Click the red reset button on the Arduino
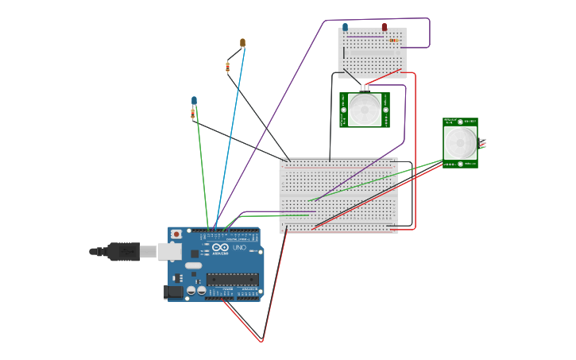[176, 234]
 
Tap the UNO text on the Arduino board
[242, 249]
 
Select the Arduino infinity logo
[219, 249]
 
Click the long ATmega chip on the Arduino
[233, 278]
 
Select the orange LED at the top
[242, 43]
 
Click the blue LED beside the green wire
[194, 100]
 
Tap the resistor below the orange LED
[227, 67]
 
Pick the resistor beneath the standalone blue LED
[193, 114]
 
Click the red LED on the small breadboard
[385, 28]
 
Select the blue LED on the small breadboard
[345, 28]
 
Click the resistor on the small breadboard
[393, 40]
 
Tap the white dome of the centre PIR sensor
[365, 110]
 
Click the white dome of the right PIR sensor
[460, 142]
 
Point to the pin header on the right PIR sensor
[482, 143]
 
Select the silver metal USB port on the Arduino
[169, 251]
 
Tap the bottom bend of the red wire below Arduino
[261, 341]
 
